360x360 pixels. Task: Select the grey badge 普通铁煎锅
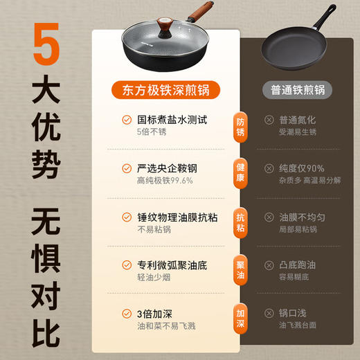[298, 90]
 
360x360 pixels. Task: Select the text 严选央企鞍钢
[166, 168]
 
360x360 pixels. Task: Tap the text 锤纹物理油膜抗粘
[176, 217]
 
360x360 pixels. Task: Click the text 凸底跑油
[298, 265]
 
